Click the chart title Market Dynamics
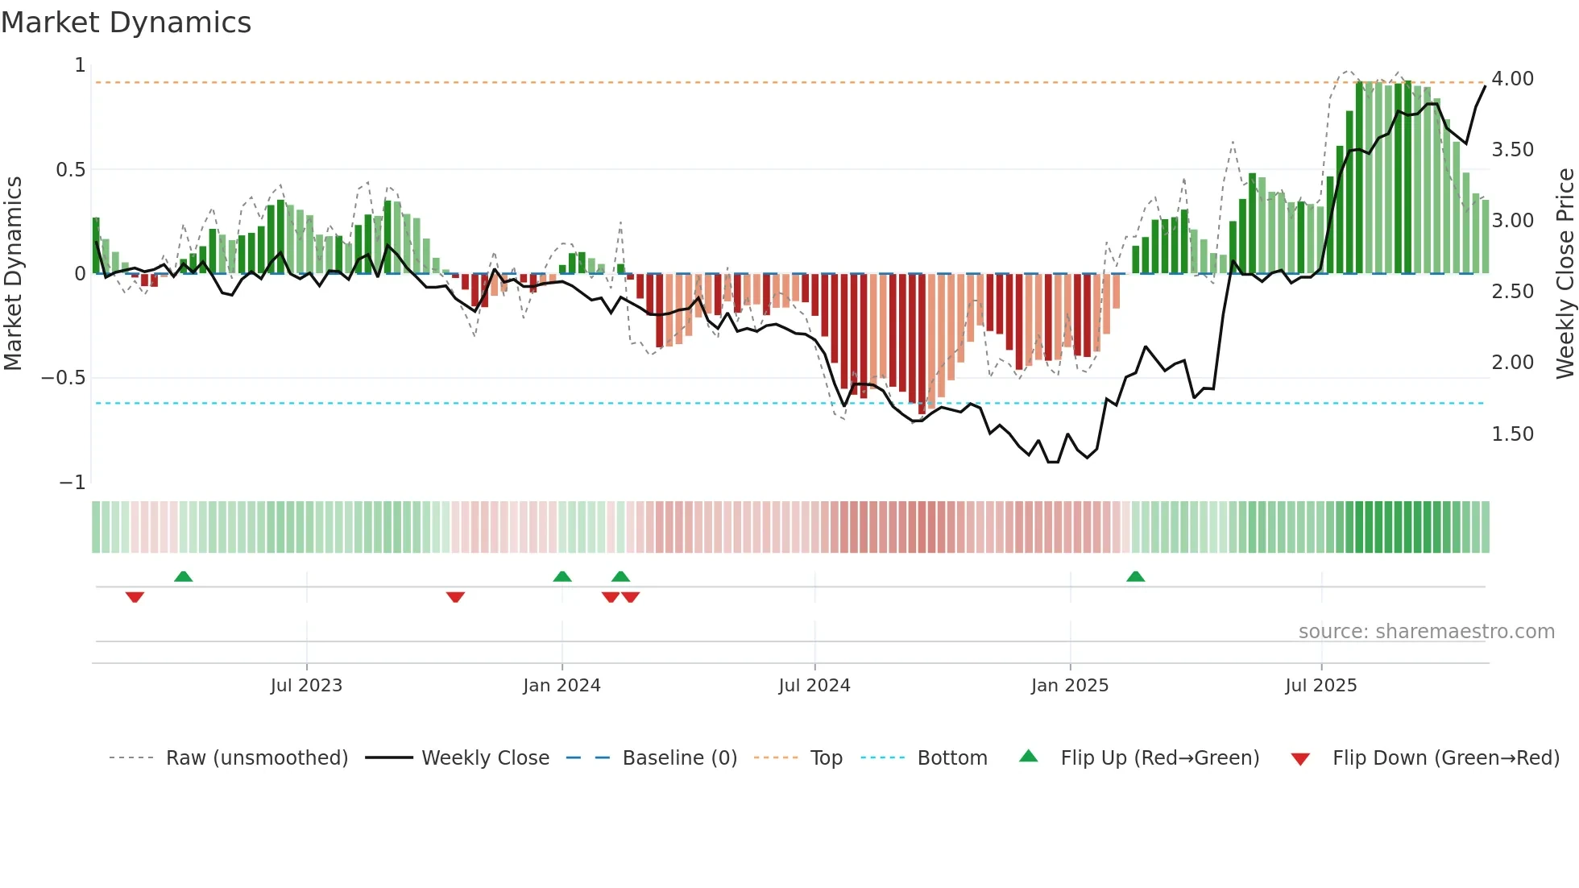pyautogui.click(x=126, y=23)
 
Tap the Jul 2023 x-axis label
pyautogui.click(x=306, y=686)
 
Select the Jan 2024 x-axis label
pyautogui.click(x=562, y=686)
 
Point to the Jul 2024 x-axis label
pyautogui.click(x=814, y=686)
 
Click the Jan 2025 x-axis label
pyautogui.click(x=1070, y=686)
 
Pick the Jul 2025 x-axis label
pyautogui.click(x=1321, y=686)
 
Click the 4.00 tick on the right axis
pyautogui.click(x=1512, y=79)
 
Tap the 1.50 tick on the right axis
pyautogui.click(x=1512, y=434)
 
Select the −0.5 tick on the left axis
pyautogui.click(x=64, y=378)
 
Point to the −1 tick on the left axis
pyautogui.click(x=73, y=483)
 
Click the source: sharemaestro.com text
pyautogui.click(x=1426, y=632)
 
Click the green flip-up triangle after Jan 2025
pyautogui.click(x=1135, y=577)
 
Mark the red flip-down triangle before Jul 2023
pyautogui.click(x=135, y=597)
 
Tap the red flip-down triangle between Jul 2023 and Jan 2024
pyautogui.click(x=455, y=597)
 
